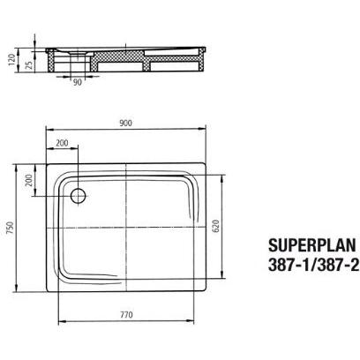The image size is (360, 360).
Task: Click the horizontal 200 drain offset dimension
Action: tap(63, 144)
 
